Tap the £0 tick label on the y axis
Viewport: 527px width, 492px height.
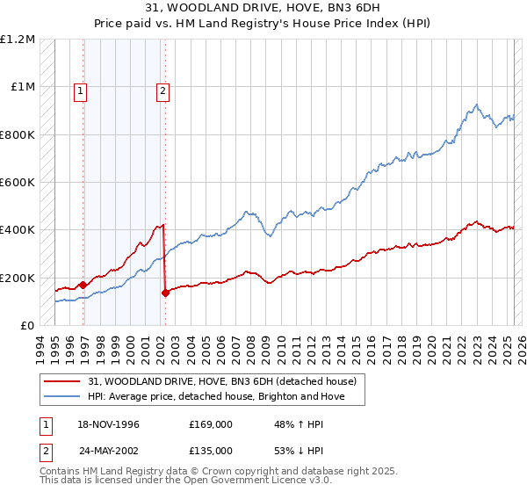[27, 326]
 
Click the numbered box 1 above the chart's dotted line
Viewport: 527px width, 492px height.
[80, 89]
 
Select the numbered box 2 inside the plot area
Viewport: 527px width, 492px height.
[163, 89]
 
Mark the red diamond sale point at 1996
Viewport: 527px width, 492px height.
[83, 285]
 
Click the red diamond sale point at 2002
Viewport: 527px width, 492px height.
[165, 293]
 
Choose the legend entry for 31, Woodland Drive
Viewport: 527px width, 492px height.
[221, 382]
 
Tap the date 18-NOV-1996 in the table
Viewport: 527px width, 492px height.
[108, 424]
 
